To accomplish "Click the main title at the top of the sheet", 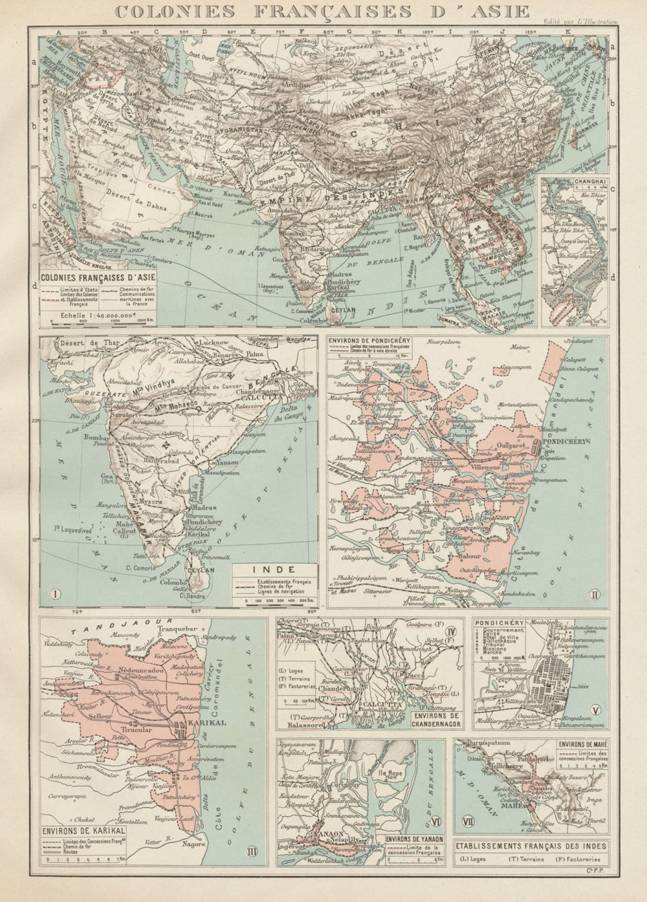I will tap(320, 12).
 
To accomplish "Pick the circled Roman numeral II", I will tap(593, 593).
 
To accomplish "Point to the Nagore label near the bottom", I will tap(186, 844).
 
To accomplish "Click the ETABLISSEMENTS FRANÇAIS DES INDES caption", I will tap(532, 843).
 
